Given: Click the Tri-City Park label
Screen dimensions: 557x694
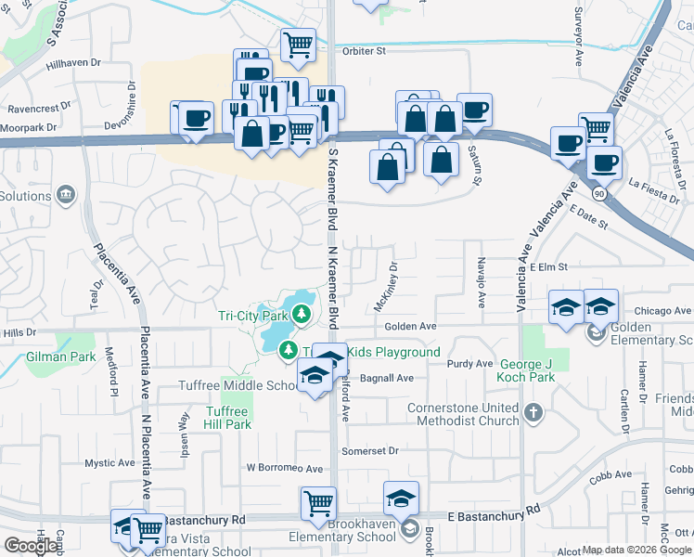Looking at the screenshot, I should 253,316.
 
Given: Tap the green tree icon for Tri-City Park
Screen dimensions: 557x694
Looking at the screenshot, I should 302,316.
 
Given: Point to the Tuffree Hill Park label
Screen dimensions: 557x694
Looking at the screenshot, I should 227,418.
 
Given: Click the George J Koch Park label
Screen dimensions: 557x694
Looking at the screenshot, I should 527,370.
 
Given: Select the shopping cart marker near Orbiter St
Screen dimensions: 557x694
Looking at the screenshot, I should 298,43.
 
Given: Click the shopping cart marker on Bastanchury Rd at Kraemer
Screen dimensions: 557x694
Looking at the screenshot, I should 318,502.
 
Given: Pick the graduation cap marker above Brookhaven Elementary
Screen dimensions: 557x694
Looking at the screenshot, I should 401,498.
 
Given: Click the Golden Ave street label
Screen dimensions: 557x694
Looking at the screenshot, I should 410,327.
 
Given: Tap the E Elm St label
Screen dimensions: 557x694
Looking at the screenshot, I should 550,266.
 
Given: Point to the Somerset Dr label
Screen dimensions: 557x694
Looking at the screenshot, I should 369,450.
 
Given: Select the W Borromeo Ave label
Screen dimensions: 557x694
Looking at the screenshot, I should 284,469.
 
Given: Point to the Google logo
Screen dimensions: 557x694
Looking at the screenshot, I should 31,546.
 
